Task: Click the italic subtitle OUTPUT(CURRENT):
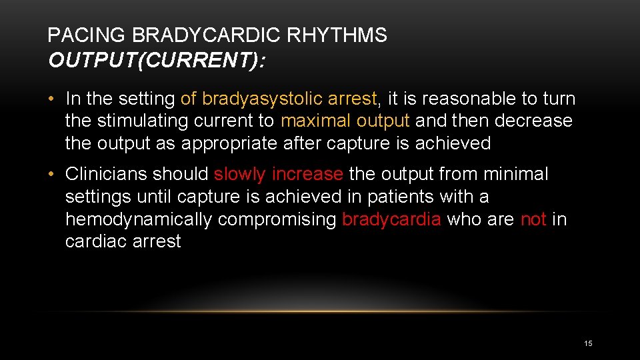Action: pyautogui.click(x=157, y=61)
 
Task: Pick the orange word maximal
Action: pyautogui.click(x=316, y=121)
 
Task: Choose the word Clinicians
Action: pyautogui.click(x=106, y=174)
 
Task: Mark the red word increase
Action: pyautogui.click(x=308, y=174)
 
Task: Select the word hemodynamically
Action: pyautogui.click(x=139, y=219)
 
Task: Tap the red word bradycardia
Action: pyautogui.click(x=391, y=219)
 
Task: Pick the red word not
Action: pyautogui.click(x=533, y=219)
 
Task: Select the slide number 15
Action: pyautogui.click(x=588, y=343)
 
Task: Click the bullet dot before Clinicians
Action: pyautogui.click(x=51, y=175)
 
